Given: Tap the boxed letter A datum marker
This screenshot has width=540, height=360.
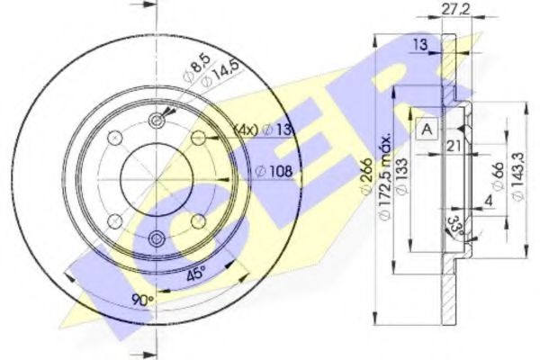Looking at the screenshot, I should [x=427, y=129].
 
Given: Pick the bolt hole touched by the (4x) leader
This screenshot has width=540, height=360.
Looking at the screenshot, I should [x=200, y=138].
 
